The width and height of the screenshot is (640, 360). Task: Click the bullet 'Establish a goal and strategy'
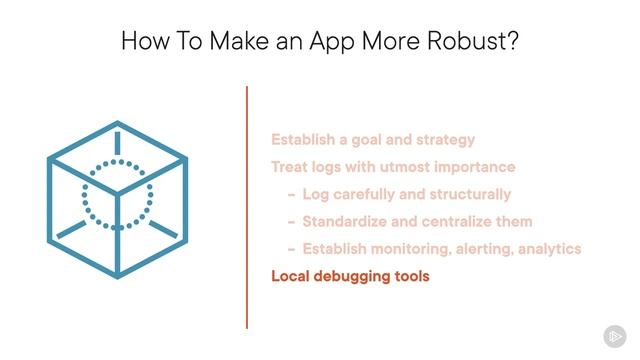tap(373, 140)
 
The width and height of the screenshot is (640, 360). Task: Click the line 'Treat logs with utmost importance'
tap(393, 167)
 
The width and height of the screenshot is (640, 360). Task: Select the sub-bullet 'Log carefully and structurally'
tap(407, 194)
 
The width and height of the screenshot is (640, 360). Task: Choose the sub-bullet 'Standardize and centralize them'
tap(417, 221)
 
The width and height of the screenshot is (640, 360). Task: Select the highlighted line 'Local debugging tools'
tap(350, 276)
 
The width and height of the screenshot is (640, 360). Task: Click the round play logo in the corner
tap(614, 335)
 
